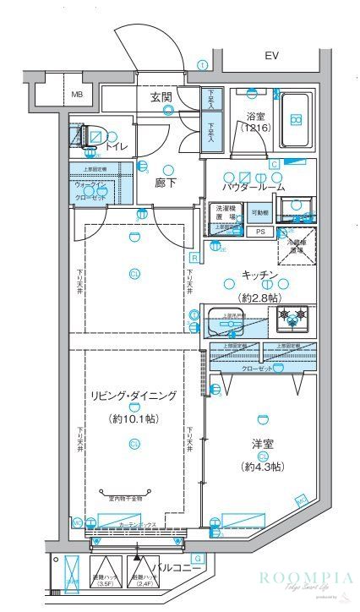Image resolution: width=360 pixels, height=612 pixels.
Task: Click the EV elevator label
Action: pos(271,57)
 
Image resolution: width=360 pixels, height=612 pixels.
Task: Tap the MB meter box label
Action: pos(77,94)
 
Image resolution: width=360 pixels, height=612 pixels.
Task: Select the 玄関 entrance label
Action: pos(161,97)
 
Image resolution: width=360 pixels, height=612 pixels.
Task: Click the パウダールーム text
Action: pos(254,187)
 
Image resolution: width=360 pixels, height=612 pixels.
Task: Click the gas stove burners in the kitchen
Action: pos(291,318)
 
